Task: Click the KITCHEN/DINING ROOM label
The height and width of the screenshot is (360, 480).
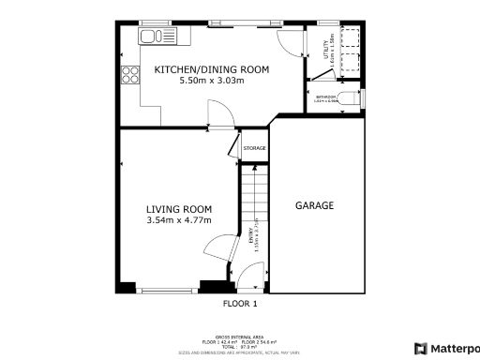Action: (x=211, y=69)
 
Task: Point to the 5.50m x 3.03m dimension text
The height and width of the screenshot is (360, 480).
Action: (x=211, y=81)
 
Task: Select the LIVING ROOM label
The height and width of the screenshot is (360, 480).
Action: (x=178, y=209)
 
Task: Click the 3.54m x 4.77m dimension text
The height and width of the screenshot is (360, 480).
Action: (x=178, y=220)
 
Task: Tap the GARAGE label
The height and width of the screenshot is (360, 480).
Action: (x=315, y=205)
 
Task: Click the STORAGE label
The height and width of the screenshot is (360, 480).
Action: (x=255, y=148)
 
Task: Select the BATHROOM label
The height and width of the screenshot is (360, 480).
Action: (x=325, y=97)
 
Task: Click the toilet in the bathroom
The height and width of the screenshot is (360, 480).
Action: (x=349, y=99)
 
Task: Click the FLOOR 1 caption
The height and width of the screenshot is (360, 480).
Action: (x=239, y=304)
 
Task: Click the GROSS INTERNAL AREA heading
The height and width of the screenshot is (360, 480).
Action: (x=239, y=335)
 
